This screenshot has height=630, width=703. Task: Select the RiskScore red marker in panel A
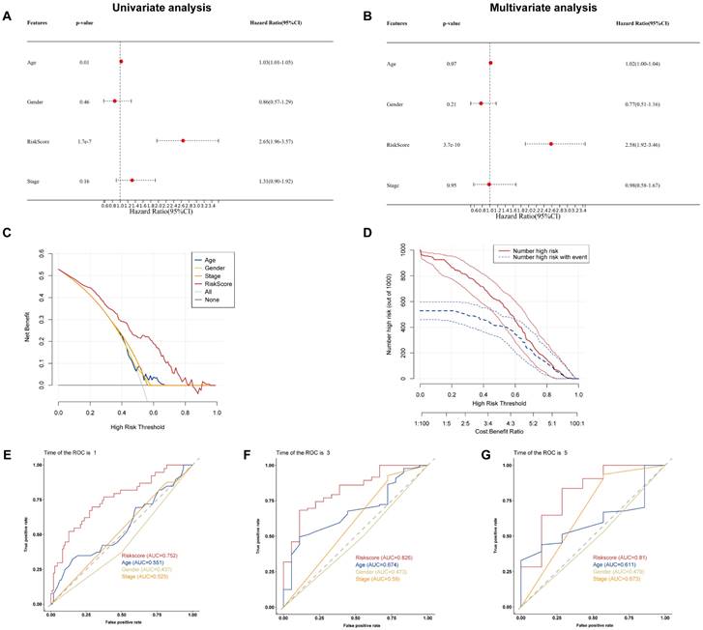point(183,140)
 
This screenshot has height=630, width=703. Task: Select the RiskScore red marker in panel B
point(551,143)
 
